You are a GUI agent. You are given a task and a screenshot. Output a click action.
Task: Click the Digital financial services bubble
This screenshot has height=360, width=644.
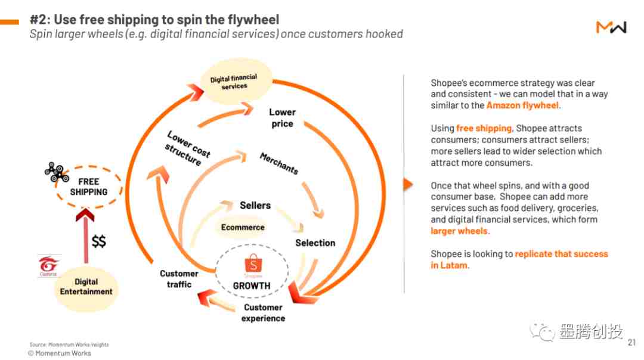(236, 82)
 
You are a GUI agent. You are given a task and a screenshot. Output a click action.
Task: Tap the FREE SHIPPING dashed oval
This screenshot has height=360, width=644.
(89, 187)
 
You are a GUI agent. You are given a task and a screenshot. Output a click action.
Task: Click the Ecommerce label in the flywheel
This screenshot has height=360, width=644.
(243, 227)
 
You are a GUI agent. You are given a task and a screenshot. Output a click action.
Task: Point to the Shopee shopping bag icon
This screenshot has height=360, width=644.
(253, 263)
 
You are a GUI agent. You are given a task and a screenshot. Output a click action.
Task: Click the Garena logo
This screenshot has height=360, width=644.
(48, 265)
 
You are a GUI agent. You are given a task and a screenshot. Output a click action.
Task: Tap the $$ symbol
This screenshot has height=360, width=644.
(98, 241)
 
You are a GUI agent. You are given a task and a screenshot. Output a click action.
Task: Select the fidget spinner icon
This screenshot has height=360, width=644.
(56, 172)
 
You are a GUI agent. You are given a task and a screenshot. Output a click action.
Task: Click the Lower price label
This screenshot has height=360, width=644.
(282, 118)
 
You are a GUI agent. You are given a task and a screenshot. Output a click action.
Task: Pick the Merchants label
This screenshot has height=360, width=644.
(279, 163)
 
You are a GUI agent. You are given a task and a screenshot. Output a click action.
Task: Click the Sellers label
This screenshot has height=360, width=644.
(255, 205)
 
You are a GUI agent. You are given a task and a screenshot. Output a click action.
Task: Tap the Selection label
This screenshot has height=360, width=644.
(315, 243)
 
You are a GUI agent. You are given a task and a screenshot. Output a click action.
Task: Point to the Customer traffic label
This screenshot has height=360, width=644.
(179, 279)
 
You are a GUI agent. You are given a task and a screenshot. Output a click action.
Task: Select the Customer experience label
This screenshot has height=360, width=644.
(264, 313)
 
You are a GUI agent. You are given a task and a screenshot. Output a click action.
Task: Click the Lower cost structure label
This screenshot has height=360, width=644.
(188, 148)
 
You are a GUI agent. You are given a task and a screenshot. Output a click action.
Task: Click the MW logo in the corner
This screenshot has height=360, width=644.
(611, 27)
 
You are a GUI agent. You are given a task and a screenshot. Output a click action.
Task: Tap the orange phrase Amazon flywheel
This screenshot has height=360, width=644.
(522, 105)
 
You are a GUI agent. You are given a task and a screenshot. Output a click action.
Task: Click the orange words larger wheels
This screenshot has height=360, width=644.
(459, 231)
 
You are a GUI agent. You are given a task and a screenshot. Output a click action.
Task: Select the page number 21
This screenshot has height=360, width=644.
(631, 342)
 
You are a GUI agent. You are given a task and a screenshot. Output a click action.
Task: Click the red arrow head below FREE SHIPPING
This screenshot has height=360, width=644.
(85, 215)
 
